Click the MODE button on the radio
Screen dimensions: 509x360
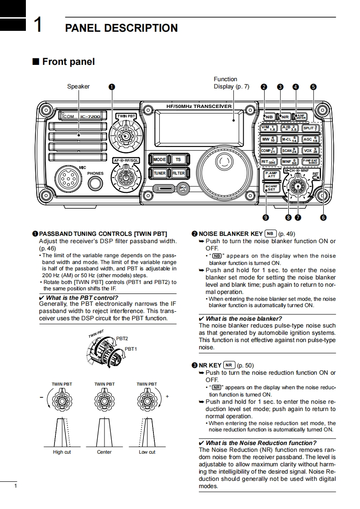[x=159, y=160]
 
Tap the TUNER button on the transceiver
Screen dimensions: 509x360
[x=159, y=173]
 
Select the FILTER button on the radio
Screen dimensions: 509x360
[x=178, y=173]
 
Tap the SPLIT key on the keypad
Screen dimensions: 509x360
[x=311, y=128]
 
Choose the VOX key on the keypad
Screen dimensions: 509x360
[x=311, y=150]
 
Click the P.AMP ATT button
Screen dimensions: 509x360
[x=271, y=174]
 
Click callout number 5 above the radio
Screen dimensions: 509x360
[x=313, y=87]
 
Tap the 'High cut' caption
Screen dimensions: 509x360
[x=62, y=452]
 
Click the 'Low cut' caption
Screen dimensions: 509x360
[x=147, y=452]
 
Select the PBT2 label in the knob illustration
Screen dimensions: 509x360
[x=122, y=338]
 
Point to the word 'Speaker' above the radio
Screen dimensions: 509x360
[x=79, y=87]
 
